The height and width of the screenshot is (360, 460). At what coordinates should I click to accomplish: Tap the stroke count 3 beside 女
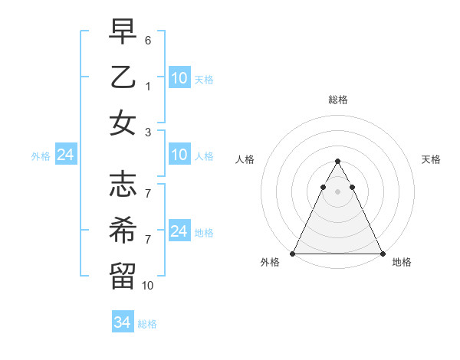coord(148,133)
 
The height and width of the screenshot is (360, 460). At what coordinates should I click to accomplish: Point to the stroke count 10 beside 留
coord(148,285)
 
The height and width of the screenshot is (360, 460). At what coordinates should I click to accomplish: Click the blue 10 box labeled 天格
coord(179,77)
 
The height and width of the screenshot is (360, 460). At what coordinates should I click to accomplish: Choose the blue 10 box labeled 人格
coord(179,155)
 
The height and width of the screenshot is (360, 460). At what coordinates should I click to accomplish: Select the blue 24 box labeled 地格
coord(179,231)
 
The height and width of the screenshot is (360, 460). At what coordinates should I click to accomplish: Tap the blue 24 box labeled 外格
coord(65,155)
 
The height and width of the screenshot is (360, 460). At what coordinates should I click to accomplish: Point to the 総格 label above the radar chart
coord(337,100)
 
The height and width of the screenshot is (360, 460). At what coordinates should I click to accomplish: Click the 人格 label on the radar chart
coord(245,159)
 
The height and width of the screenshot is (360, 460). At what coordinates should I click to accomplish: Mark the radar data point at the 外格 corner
coord(293,254)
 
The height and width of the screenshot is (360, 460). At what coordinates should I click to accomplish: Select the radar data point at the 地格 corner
coord(382,254)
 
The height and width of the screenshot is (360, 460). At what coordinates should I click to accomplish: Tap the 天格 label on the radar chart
coord(431,159)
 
